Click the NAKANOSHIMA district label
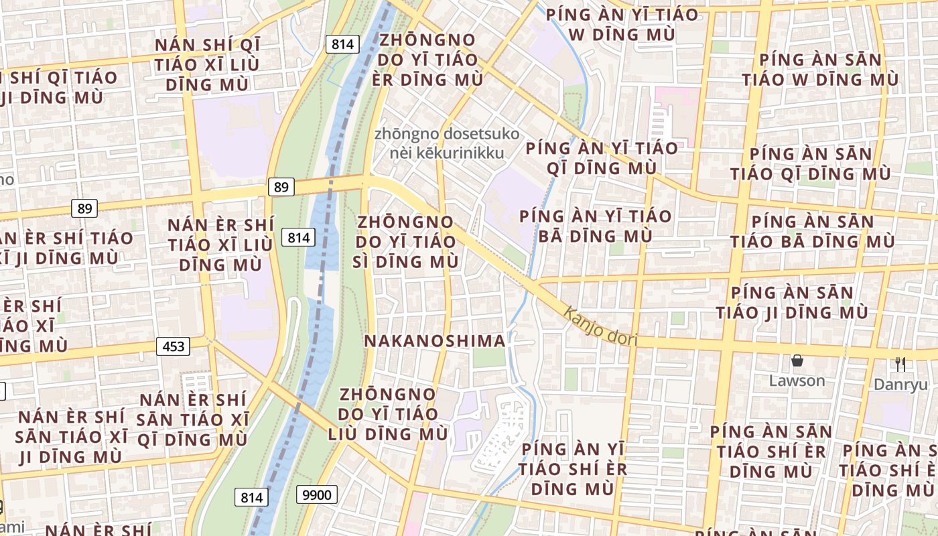pos(434,341)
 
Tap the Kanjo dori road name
pos(600,326)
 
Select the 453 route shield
pos(173,346)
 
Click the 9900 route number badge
pos(316,495)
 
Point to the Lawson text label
pos(797,381)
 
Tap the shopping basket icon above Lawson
pos(797,361)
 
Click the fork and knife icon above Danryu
pos(900,364)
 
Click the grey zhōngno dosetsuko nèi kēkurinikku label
pos(447,143)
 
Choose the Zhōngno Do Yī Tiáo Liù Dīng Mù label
pos(388,414)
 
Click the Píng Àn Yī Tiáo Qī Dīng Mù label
pos(602,157)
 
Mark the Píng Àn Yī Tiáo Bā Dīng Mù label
pos(595,226)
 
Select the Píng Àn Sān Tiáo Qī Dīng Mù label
pos(810,164)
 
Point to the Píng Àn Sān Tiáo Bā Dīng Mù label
pos(812,231)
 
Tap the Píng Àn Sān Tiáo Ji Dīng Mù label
pos(792,302)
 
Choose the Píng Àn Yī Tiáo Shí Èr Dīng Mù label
pos(573,468)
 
